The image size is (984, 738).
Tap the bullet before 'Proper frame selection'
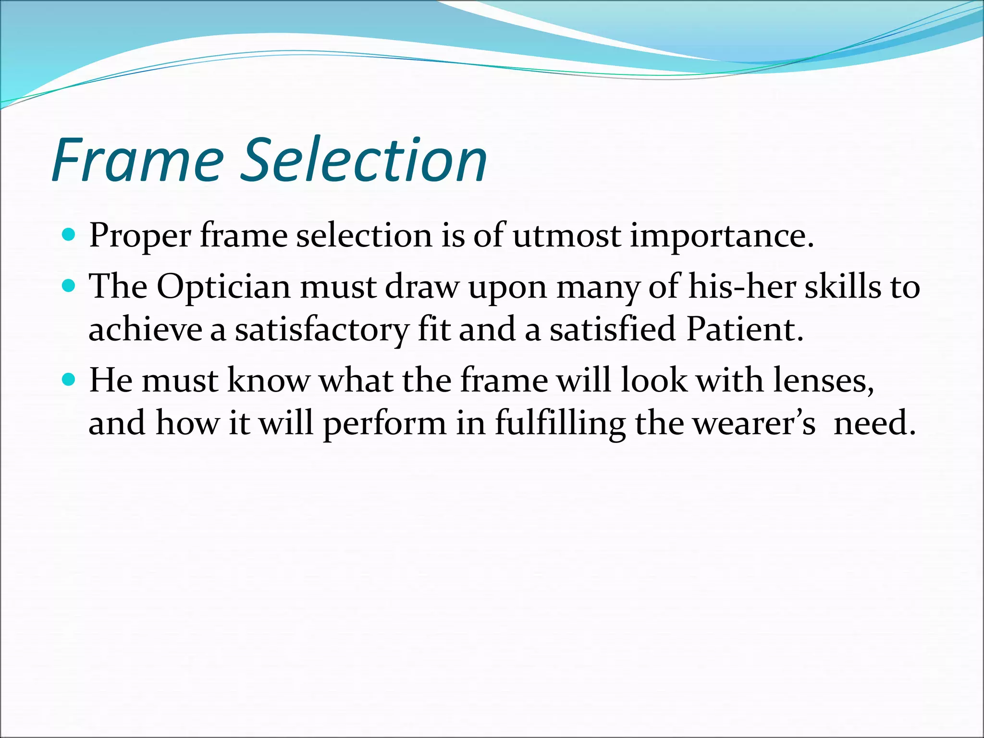coord(69,235)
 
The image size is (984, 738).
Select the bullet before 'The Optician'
coord(69,286)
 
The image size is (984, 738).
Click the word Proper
coord(140,237)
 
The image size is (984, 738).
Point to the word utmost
coord(566,237)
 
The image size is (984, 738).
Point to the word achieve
coord(145,330)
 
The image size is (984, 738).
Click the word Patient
coord(744,330)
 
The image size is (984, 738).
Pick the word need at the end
coord(874,424)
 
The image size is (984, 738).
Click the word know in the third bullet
coord(269,381)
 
